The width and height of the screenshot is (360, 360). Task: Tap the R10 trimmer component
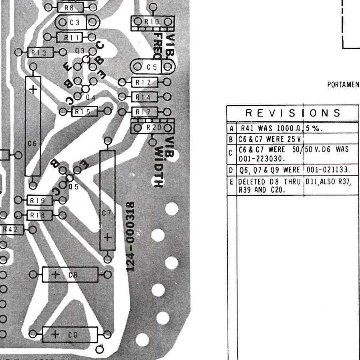tap(152, 22)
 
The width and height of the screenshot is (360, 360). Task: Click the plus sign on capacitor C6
tap(33, 90)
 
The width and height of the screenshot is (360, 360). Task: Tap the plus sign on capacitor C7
tap(107, 237)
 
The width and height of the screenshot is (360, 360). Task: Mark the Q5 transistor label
tap(74, 186)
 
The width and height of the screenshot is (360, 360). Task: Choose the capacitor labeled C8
tap(70, 275)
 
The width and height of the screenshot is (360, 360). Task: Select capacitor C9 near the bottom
tap(70, 334)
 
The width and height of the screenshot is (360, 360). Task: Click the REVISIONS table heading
tap(293, 113)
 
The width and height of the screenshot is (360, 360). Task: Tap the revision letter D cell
tap(231, 170)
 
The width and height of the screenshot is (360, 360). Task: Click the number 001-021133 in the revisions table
tap(328, 170)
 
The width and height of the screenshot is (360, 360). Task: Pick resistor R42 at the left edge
tap(10, 229)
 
